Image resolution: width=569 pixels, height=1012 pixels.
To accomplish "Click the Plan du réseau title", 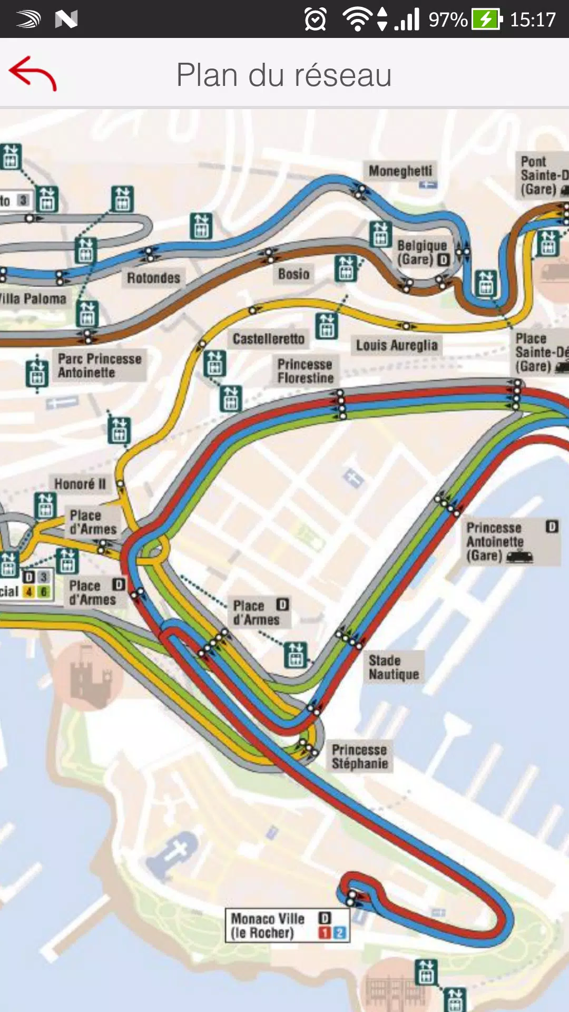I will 284,75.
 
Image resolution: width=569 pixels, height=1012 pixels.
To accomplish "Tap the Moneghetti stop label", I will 400,171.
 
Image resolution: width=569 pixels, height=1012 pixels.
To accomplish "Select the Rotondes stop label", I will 153,278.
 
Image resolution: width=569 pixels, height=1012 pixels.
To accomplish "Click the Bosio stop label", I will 293,274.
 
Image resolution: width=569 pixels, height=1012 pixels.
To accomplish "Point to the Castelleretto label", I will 268,339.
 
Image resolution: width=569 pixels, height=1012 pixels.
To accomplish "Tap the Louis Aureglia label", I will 397,345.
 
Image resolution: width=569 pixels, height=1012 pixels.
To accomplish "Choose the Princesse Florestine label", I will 305,371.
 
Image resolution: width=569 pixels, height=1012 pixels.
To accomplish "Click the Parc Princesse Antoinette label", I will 100,365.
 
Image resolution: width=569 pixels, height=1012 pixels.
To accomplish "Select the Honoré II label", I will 80,484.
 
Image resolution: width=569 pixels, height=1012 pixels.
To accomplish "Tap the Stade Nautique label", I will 394,667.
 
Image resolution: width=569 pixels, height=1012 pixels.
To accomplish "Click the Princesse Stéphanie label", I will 360,756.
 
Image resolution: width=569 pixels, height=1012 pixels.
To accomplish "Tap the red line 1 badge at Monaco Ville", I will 325,933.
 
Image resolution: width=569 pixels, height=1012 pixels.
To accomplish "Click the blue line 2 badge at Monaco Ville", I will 340,933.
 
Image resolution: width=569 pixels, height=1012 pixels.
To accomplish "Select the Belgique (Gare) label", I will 421,252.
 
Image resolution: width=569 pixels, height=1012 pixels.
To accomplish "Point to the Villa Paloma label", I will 33,299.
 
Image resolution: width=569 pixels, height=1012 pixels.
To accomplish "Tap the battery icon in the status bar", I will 486,20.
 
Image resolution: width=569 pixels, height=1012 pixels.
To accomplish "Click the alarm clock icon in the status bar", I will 315,20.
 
